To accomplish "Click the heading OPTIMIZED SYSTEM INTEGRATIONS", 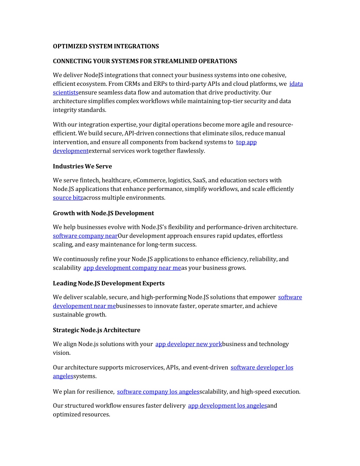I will pyautogui.click(x=106, y=46).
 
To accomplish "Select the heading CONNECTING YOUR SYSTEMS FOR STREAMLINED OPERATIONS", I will pyautogui.click(x=145, y=61).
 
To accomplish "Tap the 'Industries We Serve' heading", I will pyautogui.click(x=82, y=166).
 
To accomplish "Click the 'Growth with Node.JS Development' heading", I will pyautogui.click(x=103, y=213).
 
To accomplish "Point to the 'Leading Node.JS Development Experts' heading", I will pyautogui.click(x=109, y=283).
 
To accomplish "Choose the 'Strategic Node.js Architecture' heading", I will pyautogui.click(x=96, y=330).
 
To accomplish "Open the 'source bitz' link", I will pyautogui.click(x=68, y=198).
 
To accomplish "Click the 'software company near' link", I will pyautogui.click(x=85, y=236).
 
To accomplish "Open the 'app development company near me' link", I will pyautogui.click(x=132, y=268).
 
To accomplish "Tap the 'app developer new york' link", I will pyautogui.click(x=188, y=344).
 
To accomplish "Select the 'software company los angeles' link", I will pyautogui.click(x=158, y=392).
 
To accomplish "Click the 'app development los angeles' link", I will pyautogui.click(x=227, y=406).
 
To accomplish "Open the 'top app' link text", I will pyautogui.click(x=246, y=142).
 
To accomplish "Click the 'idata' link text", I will pyautogui.click(x=296, y=84).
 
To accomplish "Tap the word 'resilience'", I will pyautogui.click(x=101, y=392).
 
